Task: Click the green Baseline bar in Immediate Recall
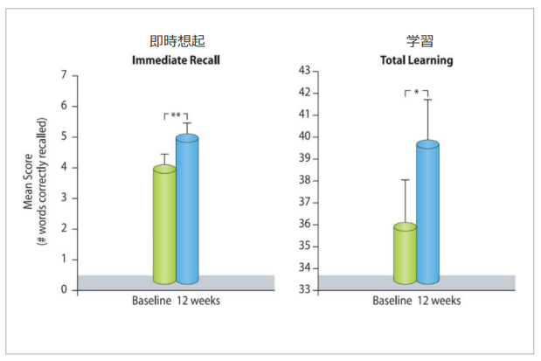(x=164, y=226)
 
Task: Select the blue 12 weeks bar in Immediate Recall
(x=187, y=210)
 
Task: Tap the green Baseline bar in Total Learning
(x=405, y=253)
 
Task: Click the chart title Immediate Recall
(x=176, y=60)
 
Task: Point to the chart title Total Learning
(x=417, y=60)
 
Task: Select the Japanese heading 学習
(x=417, y=42)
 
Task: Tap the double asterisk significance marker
(x=177, y=115)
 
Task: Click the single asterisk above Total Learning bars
(x=417, y=93)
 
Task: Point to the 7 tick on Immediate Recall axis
(x=63, y=75)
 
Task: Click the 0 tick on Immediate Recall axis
(x=63, y=289)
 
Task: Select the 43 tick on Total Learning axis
(x=305, y=70)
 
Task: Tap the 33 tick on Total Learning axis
(x=305, y=289)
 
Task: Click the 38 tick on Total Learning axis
(x=305, y=180)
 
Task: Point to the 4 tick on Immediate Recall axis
(x=63, y=167)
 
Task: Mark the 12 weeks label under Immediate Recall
(x=200, y=302)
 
